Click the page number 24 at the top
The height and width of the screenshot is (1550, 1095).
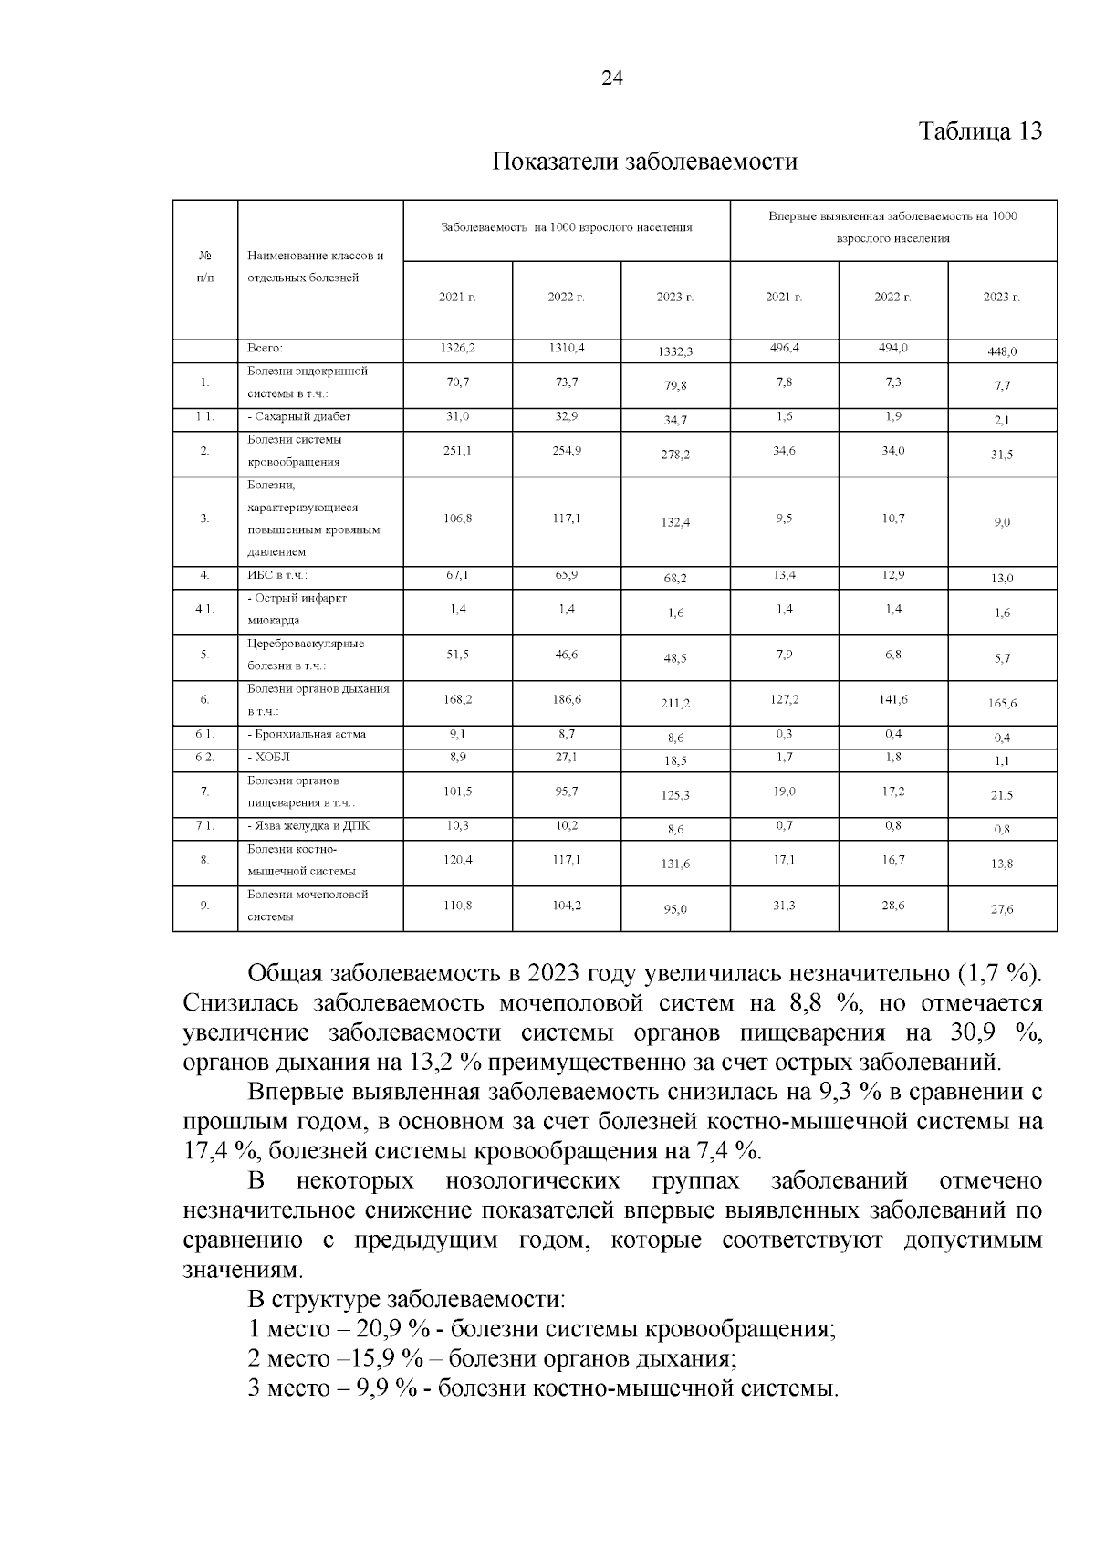point(611,79)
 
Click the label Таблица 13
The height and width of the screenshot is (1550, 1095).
point(979,131)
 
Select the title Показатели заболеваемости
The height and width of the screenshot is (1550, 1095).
point(644,162)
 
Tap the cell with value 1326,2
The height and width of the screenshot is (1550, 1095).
point(457,348)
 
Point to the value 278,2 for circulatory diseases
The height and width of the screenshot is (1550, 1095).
point(675,455)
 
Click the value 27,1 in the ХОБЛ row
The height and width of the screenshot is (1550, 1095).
point(566,757)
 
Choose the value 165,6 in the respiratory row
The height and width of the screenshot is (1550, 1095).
point(1001,704)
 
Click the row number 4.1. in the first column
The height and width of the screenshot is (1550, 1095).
point(204,609)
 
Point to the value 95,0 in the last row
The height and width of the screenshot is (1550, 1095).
point(675,909)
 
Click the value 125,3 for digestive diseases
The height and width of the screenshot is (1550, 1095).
point(675,796)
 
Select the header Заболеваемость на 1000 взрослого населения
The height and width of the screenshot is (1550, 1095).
point(566,227)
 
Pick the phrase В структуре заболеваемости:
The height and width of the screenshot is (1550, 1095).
point(406,1299)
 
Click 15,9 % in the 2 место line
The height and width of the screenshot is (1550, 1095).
point(387,1358)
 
